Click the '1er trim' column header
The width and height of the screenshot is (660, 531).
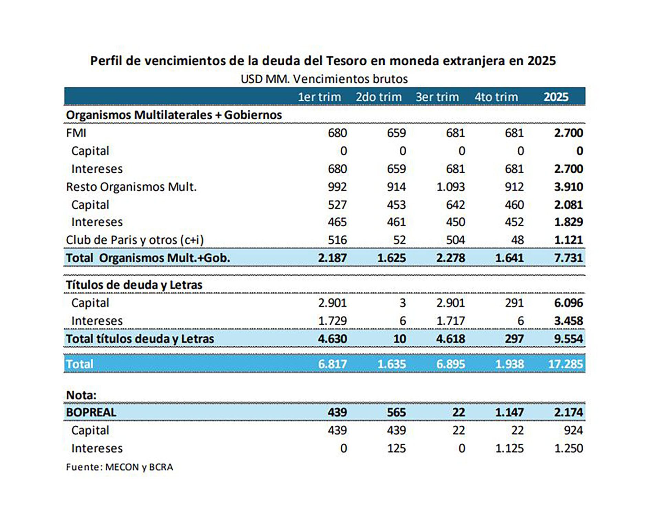tap(319, 97)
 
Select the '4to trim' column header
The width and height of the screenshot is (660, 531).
tap(496, 97)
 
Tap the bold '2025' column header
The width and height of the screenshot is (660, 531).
tap(555, 97)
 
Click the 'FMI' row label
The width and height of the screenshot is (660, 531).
tap(76, 133)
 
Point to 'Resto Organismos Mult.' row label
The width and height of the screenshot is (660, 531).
tap(131, 187)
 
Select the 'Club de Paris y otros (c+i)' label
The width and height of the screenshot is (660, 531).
tap(135, 240)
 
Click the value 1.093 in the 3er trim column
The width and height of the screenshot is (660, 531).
tap(450, 187)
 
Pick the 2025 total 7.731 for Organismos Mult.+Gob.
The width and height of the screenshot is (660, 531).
tap(568, 258)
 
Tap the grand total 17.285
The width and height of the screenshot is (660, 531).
tap(565, 364)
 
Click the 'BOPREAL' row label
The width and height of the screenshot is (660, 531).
tap(91, 412)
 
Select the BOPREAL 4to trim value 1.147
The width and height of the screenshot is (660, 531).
tap(509, 412)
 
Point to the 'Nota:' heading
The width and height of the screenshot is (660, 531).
tap(81, 395)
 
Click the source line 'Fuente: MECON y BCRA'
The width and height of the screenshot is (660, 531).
tap(119, 467)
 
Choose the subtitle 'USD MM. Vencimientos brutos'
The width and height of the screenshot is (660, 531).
tap(324, 79)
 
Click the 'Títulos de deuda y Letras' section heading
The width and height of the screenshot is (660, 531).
tap(134, 285)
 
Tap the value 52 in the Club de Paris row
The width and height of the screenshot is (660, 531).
tap(399, 240)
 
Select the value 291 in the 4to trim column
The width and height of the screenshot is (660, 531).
tap(514, 303)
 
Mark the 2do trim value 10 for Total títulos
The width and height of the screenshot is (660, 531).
tap(399, 339)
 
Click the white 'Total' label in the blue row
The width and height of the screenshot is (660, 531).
tap(79, 364)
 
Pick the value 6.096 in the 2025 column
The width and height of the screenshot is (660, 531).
tap(568, 303)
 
